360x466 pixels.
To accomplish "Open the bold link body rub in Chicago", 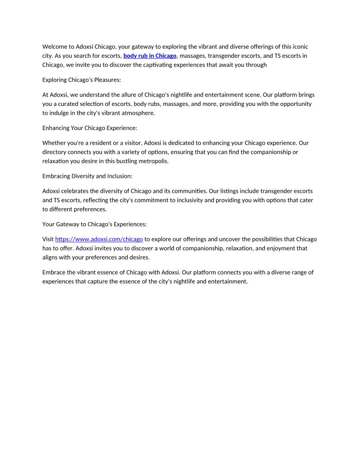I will coord(150,56).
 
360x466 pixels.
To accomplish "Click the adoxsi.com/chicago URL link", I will coord(99,239).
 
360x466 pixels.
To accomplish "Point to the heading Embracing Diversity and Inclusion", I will coord(87,176).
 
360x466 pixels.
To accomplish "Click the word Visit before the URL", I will coord(48,239).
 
